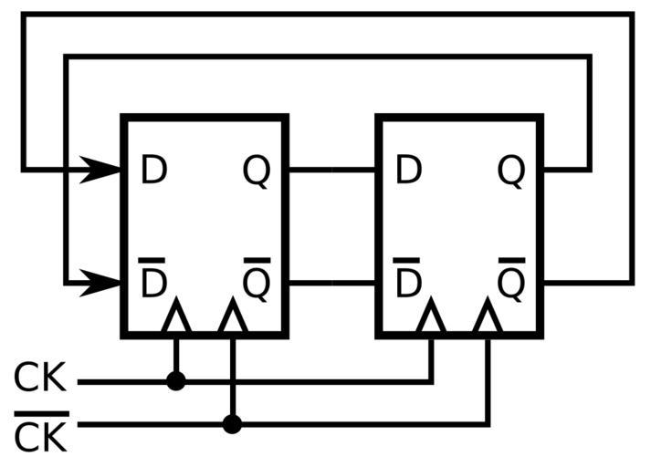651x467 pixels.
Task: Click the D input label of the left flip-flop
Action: [153, 171]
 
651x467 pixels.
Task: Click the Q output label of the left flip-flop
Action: [257, 171]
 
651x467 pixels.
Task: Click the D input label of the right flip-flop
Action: [408, 171]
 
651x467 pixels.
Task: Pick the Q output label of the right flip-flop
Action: [511, 171]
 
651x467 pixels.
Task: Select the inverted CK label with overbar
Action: [40, 434]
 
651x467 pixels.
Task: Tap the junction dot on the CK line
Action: [176, 381]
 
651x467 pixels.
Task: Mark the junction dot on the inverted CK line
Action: [233, 424]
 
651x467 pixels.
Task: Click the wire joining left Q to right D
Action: [332, 170]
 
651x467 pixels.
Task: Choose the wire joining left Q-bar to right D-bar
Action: [332, 283]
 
